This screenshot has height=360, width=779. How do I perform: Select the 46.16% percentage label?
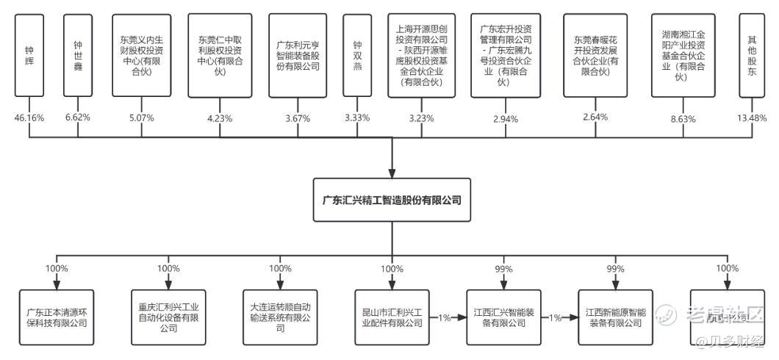coord(29,118)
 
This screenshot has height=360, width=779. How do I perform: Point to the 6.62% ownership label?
coord(78,118)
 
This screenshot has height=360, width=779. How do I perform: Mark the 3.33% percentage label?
coord(358,118)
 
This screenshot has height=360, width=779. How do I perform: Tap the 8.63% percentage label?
coord(683,118)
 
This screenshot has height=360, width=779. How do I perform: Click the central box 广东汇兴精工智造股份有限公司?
coord(392,199)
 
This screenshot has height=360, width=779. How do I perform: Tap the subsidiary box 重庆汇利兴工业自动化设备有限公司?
coord(168,317)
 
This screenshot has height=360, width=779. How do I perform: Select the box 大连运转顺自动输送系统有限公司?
coord(280,317)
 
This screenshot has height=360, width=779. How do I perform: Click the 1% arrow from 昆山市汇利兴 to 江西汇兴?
coord(445,317)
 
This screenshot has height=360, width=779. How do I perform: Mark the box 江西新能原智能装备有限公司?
coord(616,317)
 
